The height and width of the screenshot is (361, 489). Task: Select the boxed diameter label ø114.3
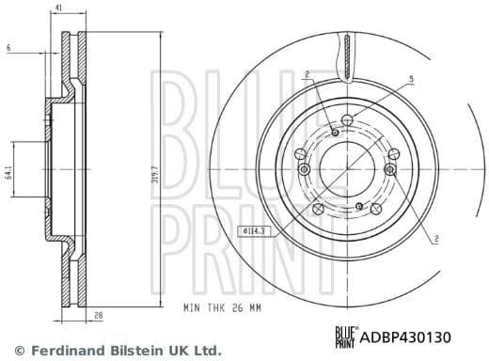point(255,230)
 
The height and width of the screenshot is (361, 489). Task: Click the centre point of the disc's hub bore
point(348,169)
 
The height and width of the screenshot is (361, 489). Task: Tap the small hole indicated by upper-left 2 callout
point(335,133)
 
